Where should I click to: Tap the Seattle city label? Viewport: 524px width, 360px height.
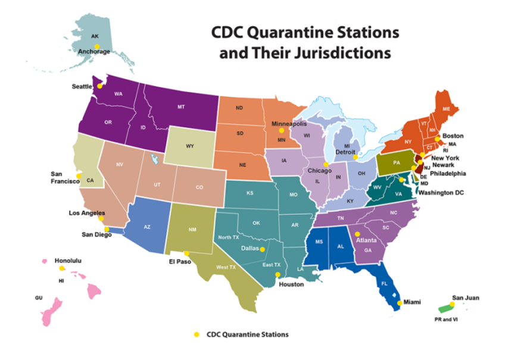82,87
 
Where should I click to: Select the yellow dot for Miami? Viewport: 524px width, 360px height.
398,302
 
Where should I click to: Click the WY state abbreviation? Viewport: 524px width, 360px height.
190,146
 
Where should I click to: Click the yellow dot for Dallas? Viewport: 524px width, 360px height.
263,249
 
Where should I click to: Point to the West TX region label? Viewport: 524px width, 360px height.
226,267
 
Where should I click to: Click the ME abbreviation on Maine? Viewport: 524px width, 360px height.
445,109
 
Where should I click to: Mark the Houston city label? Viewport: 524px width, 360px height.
291,284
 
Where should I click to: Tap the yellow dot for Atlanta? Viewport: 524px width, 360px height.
357,234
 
